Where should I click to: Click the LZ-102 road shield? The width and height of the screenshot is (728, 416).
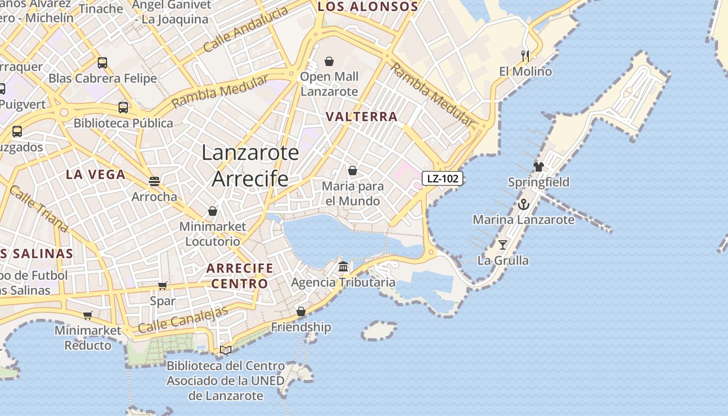click(x=442, y=179)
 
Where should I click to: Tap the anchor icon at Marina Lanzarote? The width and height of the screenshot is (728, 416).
click(x=523, y=204)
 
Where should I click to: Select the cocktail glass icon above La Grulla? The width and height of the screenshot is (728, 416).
click(x=503, y=244)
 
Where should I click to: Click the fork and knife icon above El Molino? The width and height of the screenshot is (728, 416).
click(x=525, y=56)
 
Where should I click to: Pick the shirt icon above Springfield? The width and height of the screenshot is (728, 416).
click(x=539, y=167)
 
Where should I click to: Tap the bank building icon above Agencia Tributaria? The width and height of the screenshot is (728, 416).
click(x=343, y=267)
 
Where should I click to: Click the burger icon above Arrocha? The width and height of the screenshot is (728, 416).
click(x=154, y=181)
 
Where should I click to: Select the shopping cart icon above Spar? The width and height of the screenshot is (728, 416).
click(x=162, y=285)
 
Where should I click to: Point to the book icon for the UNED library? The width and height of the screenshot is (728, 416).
click(x=226, y=350)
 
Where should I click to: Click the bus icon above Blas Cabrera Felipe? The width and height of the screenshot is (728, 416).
click(x=102, y=63)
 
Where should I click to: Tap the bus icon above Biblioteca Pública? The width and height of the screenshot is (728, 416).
click(x=123, y=108)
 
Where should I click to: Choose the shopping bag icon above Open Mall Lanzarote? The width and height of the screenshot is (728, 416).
click(x=329, y=61)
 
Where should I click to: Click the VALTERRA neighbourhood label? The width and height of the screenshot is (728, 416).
click(x=362, y=116)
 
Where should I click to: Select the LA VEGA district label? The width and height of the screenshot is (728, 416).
click(x=96, y=174)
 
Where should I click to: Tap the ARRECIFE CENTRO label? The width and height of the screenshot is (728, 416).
click(x=239, y=276)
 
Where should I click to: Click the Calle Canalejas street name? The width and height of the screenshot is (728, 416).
click(x=183, y=320)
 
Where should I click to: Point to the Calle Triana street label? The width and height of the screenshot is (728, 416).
click(x=38, y=208)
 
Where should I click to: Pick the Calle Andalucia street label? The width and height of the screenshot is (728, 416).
click(x=245, y=30)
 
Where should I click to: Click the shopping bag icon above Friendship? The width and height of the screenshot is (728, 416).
click(x=301, y=311)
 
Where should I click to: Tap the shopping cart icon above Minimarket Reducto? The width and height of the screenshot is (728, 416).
click(x=88, y=315)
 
